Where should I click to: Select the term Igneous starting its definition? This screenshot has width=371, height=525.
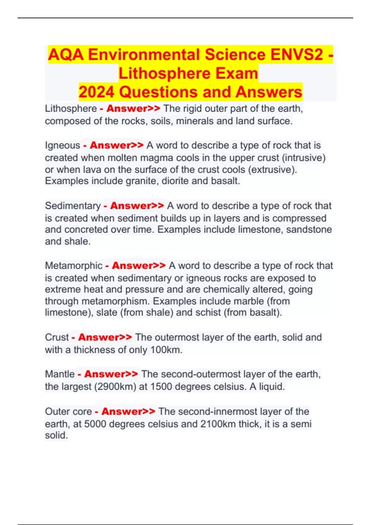[x=62, y=145]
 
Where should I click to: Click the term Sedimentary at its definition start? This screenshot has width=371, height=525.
[x=73, y=206]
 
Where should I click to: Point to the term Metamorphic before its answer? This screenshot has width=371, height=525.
[x=74, y=266]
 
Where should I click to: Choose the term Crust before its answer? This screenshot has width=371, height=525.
[x=57, y=337]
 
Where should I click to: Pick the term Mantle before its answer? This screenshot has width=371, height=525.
[x=60, y=374]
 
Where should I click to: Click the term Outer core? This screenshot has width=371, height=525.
[x=68, y=411]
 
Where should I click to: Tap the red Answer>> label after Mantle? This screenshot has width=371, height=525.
[x=111, y=374]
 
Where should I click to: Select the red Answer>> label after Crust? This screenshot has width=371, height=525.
[x=105, y=337]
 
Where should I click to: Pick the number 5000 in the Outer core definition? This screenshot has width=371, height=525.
[x=95, y=424]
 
